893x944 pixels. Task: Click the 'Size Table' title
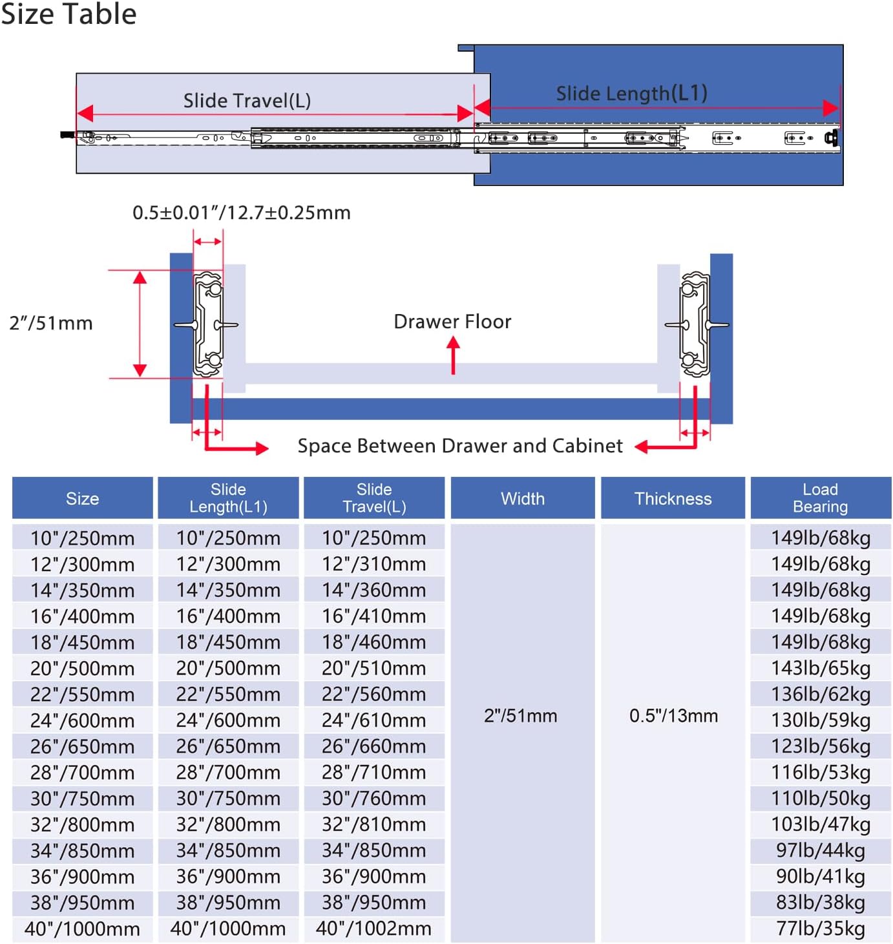pyautogui.click(x=68, y=14)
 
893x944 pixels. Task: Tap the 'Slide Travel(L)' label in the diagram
pyautogui.click(x=247, y=101)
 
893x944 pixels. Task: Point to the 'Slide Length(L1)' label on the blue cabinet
pyautogui.click(x=631, y=93)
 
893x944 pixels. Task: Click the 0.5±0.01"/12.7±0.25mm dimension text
pyautogui.click(x=242, y=212)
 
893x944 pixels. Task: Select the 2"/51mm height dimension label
pyautogui.click(x=51, y=323)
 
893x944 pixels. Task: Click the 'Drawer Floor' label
pyautogui.click(x=452, y=321)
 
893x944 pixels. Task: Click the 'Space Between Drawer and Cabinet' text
pyautogui.click(x=459, y=446)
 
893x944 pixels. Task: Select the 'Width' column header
pyautogui.click(x=523, y=498)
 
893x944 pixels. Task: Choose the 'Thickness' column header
pyautogui.click(x=673, y=498)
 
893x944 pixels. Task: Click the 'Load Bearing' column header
pyautogui.click(x=820, y=498)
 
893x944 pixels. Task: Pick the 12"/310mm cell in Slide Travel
pyautogui.click(x=373, y=563)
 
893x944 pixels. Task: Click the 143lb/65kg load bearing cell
pyautogui.click(x=821, y=668)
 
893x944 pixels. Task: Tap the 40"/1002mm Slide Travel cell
pyautogui.click(x=373, y=928)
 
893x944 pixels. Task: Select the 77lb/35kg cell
pyautogui.click(x=821, y=928)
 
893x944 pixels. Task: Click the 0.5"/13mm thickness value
pyautogui.click(x=673, y=715)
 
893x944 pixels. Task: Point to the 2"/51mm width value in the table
pyautogui.click(x=520, y=715)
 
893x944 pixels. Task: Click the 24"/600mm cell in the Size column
pyautogui.click(x=83, y=720)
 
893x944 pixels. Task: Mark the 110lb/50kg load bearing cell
pyautogui.click(x=821, y=798)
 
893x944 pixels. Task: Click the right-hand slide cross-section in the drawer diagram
pyautogui.click(x=695, y=324)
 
